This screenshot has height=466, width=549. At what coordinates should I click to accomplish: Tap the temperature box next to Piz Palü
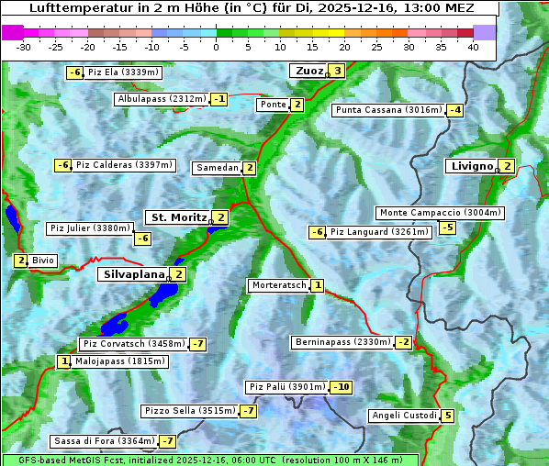(341, 387)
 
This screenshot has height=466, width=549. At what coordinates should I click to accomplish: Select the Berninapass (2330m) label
(342, 342)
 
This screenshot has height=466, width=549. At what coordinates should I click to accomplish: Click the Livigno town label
(471, 166)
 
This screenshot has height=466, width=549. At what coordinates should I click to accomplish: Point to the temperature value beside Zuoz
(337, 71)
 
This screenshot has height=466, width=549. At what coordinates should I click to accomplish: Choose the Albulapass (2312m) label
(162, 99)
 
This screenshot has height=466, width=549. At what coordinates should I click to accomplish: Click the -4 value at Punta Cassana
(454, 110)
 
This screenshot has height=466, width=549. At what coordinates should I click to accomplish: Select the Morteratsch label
(278, 285)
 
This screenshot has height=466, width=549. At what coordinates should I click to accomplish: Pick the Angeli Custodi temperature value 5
(447, 416)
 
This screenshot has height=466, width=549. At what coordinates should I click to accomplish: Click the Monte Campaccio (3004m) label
(440, 213)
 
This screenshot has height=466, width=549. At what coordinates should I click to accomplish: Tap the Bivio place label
(43, 261)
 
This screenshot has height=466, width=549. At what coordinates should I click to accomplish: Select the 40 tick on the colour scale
(473, 47)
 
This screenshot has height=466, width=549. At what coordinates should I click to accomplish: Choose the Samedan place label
(218, 168)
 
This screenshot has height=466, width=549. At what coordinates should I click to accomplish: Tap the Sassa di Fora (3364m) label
(103, 441)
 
